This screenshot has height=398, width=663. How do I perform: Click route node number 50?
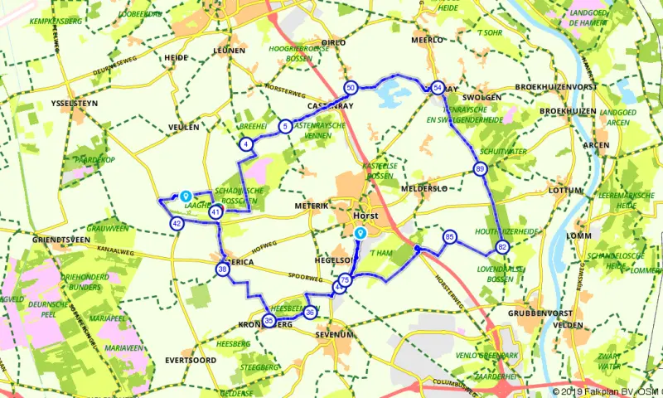click(x=351, y=87)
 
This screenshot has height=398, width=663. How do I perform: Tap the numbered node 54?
click(x=437, y=87)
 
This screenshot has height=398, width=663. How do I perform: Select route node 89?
click(x=481, y=169)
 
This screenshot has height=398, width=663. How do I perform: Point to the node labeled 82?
click(x=502, y=247)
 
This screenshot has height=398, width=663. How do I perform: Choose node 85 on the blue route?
click(x=449, y=236)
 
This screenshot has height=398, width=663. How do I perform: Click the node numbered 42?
click(x=177, y=223)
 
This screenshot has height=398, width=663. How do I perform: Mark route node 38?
click(x=222, y=269)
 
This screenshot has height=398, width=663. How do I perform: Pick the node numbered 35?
click(x=269, y=321)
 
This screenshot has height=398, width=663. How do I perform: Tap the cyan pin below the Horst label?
click(x=360, y=234)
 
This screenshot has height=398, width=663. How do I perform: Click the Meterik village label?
click(x=312, y=205)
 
